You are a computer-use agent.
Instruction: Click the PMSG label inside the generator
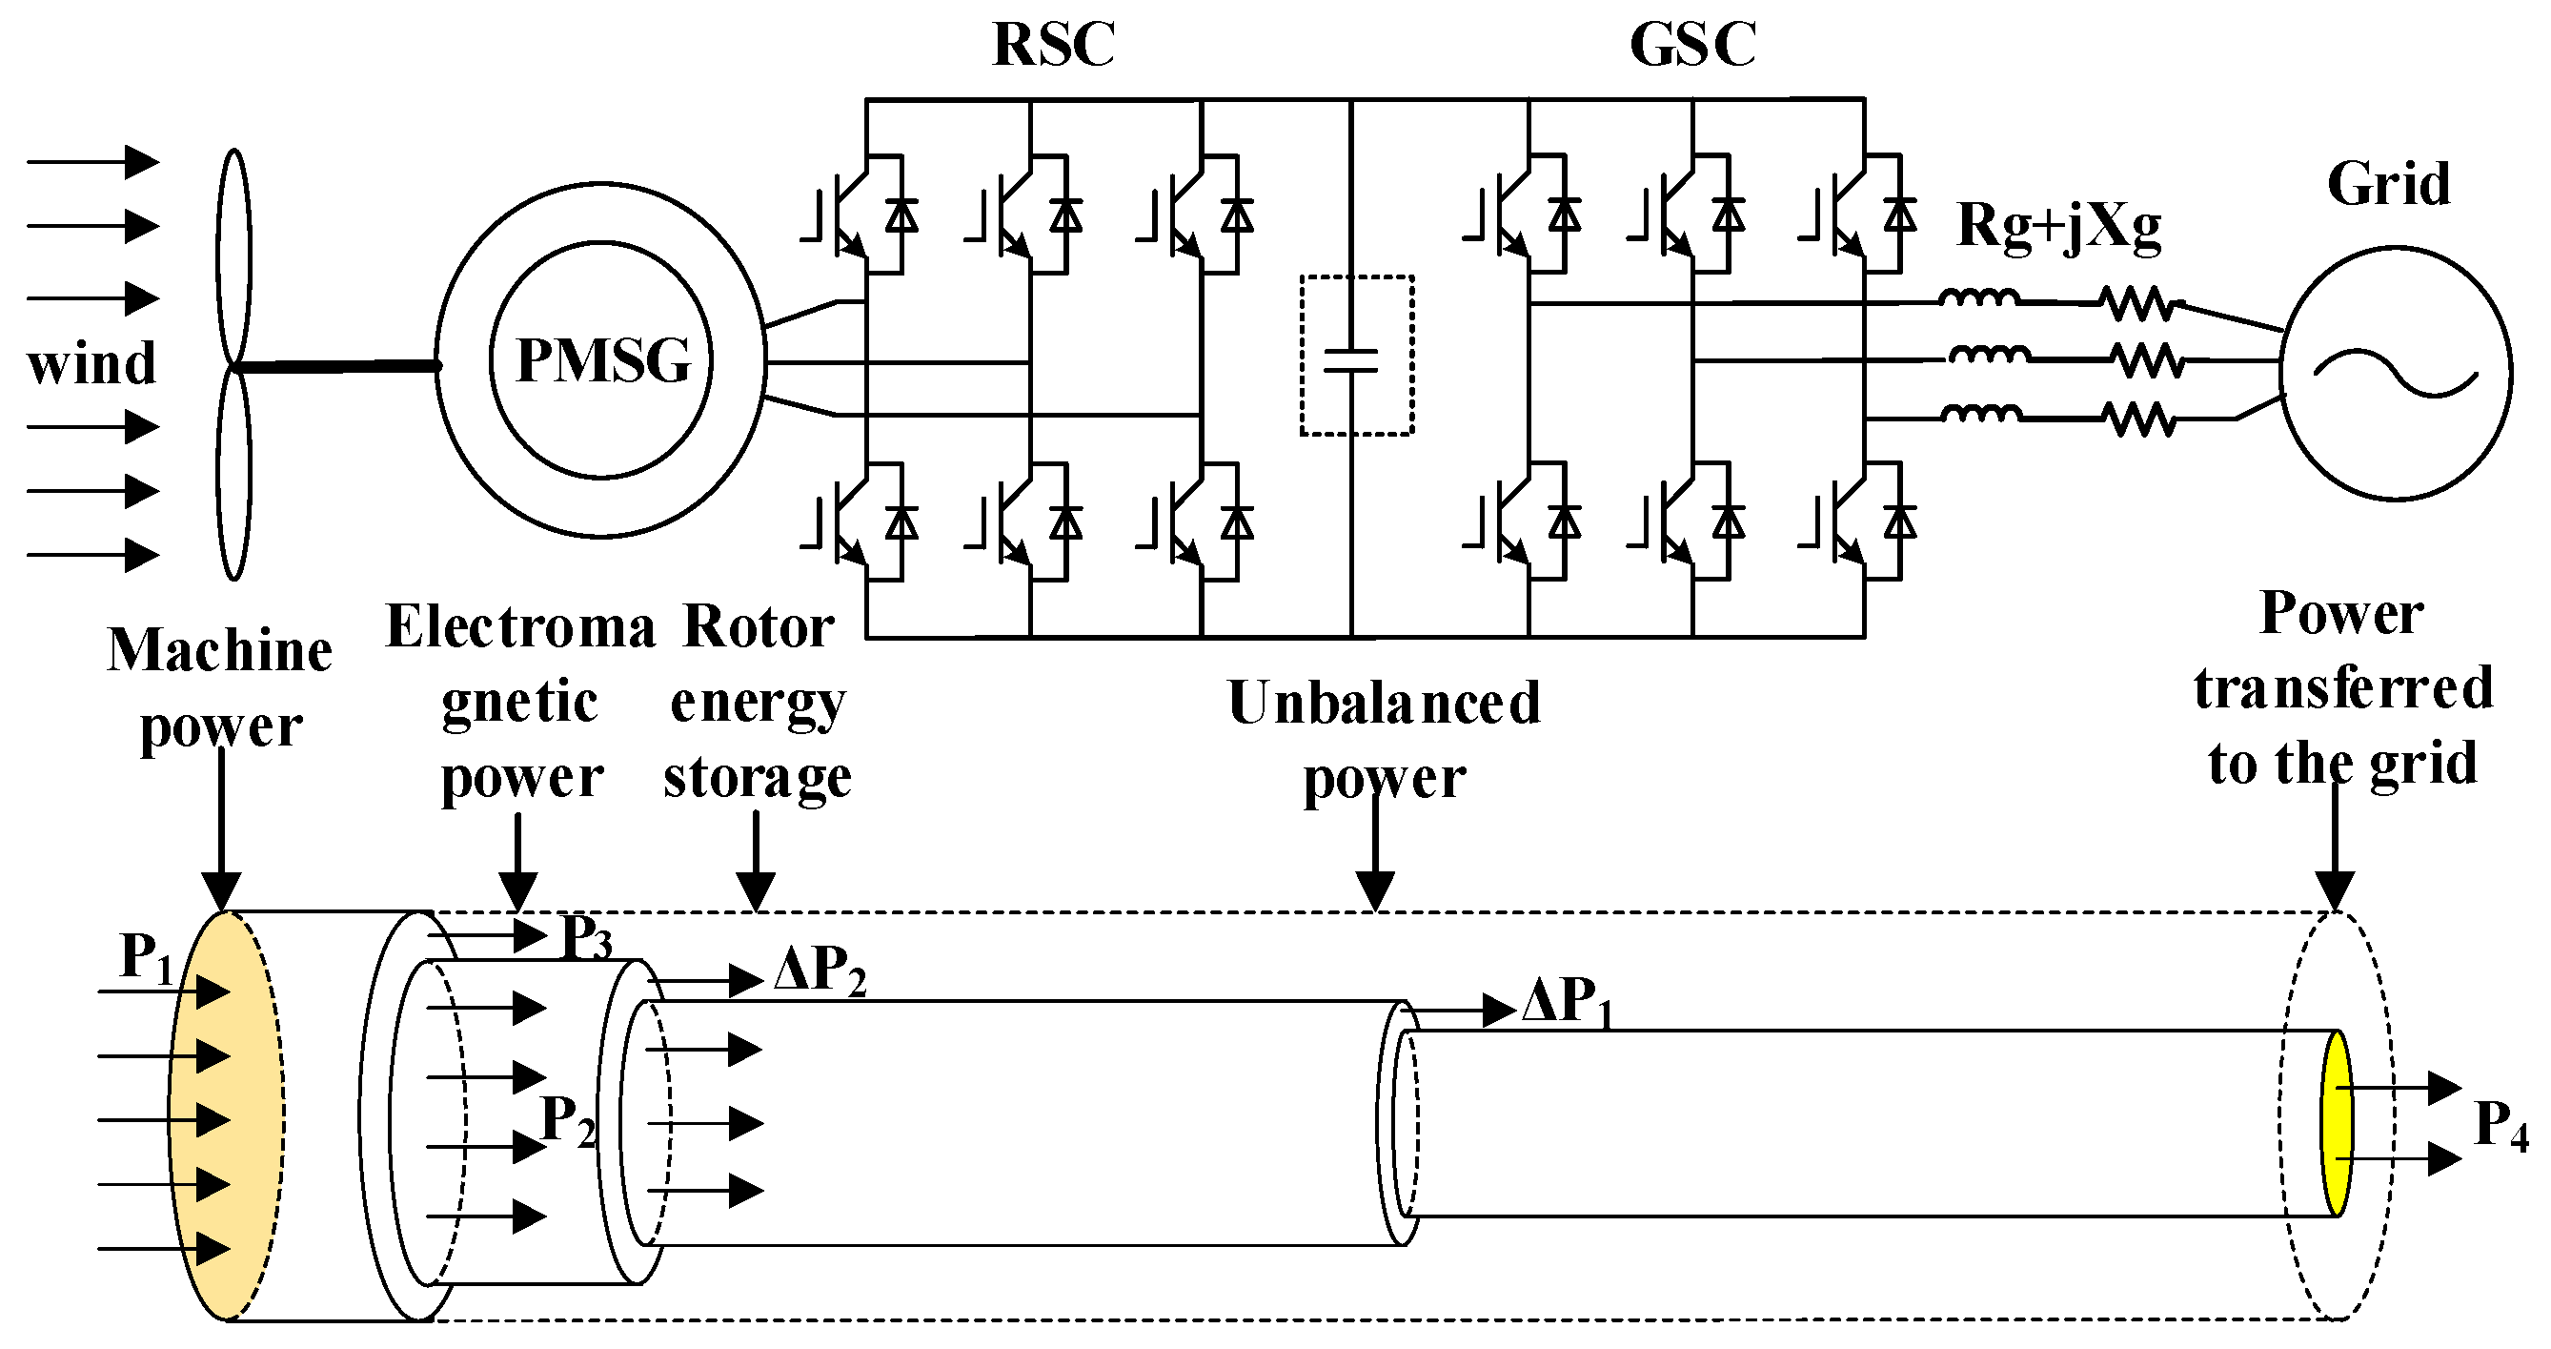(603, 360)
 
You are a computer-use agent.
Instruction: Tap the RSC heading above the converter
(1054, 45)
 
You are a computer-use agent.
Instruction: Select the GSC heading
(1692, 45)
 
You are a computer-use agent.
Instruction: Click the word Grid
(2388, 184)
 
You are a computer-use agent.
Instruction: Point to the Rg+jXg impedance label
(2057, 227)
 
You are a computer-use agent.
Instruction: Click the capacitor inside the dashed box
(1352, 360)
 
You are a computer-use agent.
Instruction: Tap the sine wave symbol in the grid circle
(2395, 375)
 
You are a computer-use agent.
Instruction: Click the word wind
(91, 363)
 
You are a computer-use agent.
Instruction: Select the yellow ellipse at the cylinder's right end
(2336, 1122)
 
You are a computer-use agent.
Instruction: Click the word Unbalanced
(1384, 704)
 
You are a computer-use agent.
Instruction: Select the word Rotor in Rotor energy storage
(759, 627)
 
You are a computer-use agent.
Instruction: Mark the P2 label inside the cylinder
(567, 1122)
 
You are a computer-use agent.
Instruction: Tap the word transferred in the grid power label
(2342, 688)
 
